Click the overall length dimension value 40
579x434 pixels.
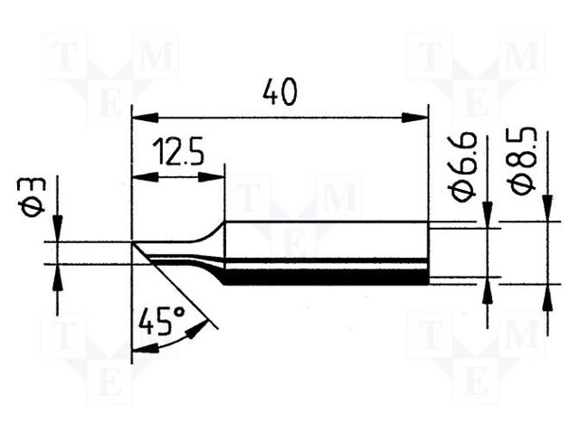280,92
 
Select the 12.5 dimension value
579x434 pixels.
178,152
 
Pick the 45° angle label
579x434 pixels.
161,322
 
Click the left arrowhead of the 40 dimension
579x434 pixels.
145,118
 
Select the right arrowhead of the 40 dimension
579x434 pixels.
415,118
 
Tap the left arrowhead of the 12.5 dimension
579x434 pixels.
145,177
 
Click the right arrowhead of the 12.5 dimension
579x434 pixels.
212,177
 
